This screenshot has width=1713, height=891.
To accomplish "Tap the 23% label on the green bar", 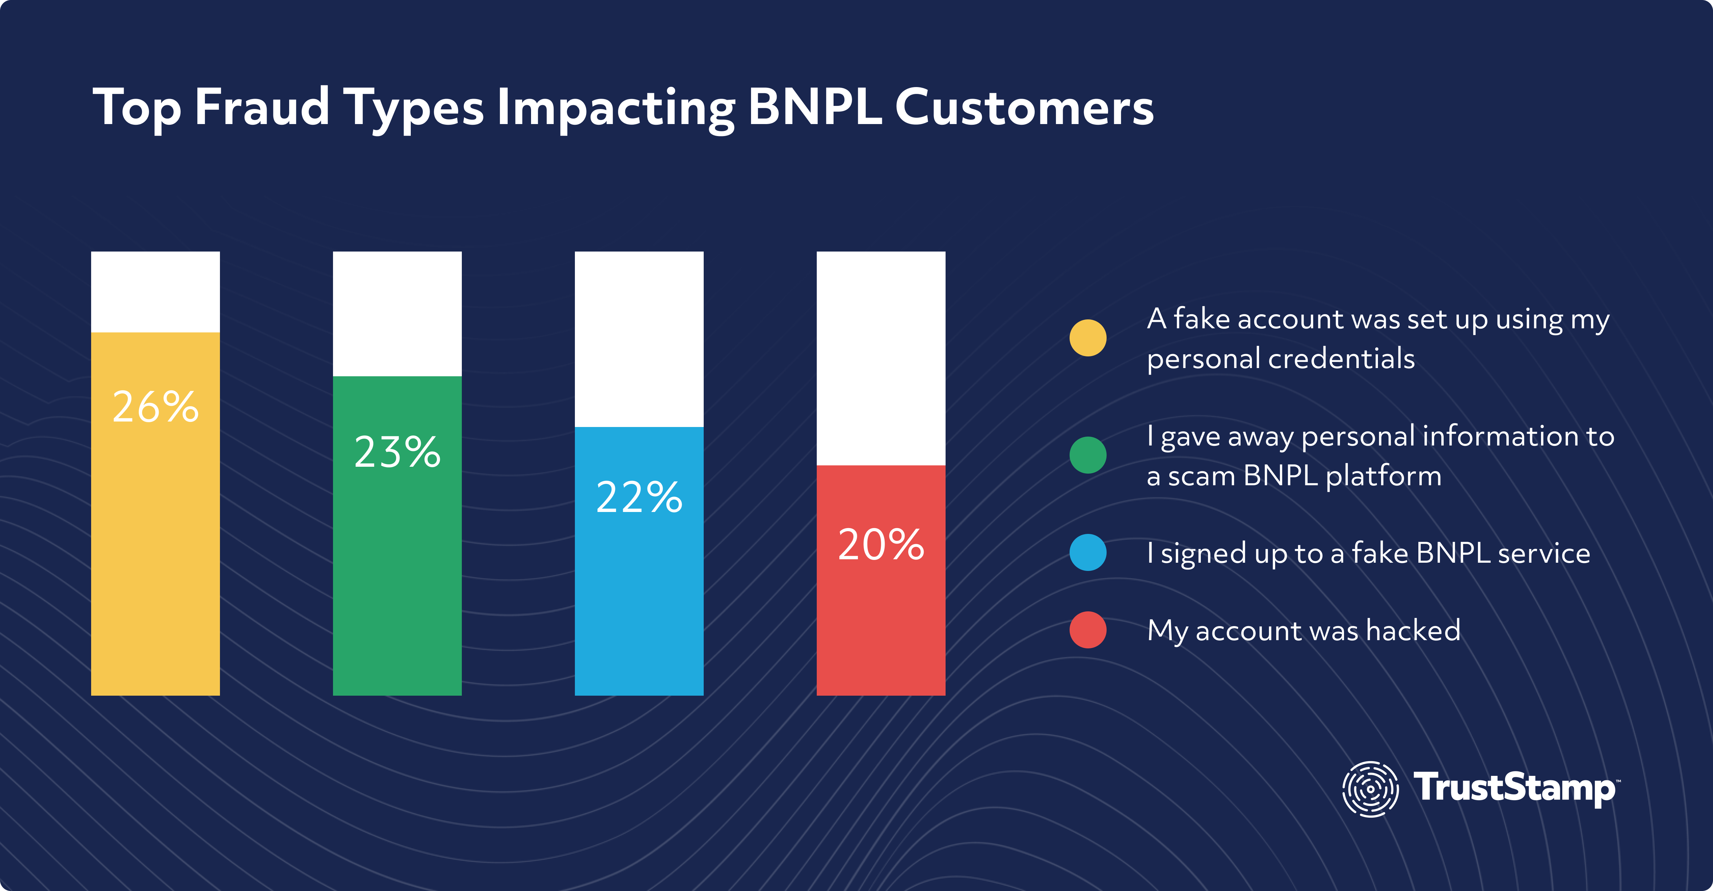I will click(x=397, y=452).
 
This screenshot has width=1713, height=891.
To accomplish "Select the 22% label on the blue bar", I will click(x=639, y=497).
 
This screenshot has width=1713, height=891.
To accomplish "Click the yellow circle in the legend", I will click(x=1088, y=338).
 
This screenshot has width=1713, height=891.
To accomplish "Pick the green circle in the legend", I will click(x=1088, y=455).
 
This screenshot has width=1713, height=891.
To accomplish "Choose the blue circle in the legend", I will click(x=1088, y=552).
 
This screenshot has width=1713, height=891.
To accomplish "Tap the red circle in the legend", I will click(x=1088, y=630).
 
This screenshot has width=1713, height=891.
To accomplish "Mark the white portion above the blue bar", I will click(x=639, y=339).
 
